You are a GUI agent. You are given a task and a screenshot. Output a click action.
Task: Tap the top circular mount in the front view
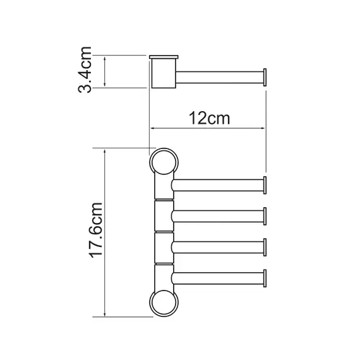[x=164, y=162]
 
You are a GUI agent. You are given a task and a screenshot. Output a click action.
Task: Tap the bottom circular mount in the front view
[x=164, y=303]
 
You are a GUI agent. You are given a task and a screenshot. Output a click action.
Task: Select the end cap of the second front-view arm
[x=267, y=216]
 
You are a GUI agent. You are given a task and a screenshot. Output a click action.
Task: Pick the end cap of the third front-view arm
[x=267, y=246]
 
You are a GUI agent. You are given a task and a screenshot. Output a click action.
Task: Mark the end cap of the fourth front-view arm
[x=267, y=277]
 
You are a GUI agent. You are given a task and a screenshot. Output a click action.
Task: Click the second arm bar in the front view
[x=218, y=216]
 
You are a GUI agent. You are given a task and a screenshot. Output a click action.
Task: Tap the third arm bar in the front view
[x=218, y=246]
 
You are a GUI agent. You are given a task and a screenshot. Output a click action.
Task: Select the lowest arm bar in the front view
[x=218, y=277]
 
